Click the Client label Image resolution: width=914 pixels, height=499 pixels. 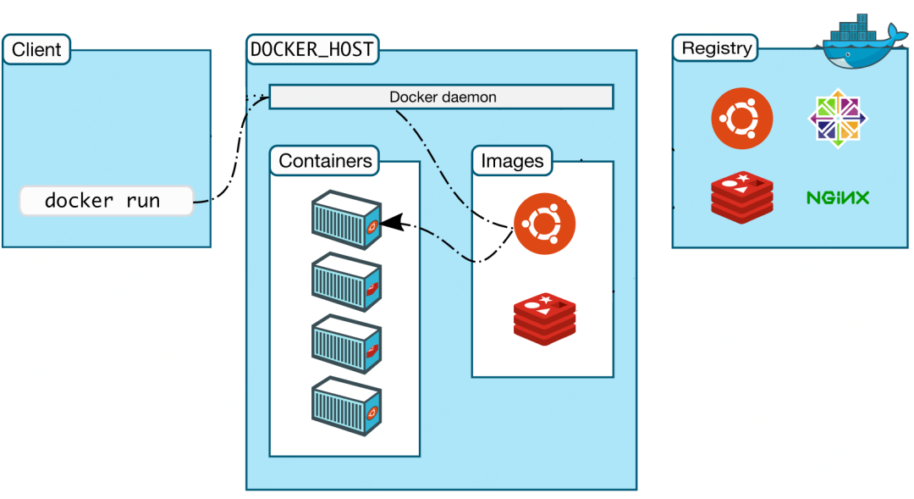(x=36, y=49)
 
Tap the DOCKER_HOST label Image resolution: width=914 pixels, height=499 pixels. (x=311, y=49)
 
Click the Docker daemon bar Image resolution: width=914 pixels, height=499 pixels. (x=441, y=97)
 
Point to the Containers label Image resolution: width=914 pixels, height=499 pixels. (x=325, y=160)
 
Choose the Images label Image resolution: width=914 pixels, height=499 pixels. (x=512, y=160)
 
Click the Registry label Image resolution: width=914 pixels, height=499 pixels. (x=717, y=48)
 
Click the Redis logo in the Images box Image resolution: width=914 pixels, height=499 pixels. (x=544, y=318)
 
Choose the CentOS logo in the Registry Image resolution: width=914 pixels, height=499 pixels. (x=839, y=118)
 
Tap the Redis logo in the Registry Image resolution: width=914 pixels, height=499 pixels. (x=742, y=197)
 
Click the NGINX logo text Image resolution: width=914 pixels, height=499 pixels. (x=838, y=198)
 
